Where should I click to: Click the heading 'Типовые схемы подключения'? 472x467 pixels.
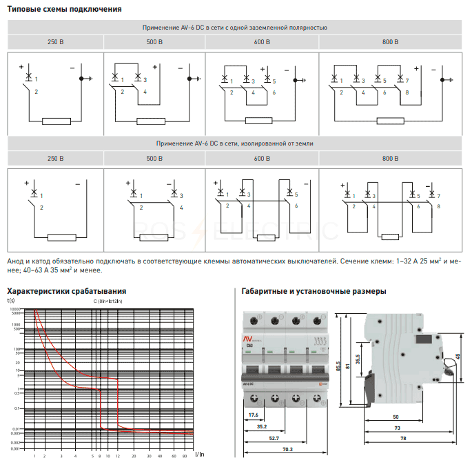64,9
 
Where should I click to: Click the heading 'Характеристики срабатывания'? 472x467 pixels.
66,290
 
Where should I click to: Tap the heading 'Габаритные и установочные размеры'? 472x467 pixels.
312,291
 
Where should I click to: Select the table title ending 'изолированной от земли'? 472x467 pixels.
234,143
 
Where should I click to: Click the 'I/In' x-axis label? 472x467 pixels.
198,454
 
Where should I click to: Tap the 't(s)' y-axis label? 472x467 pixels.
11,301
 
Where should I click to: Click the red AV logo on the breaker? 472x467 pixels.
249,338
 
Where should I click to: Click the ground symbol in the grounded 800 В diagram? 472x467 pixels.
443,79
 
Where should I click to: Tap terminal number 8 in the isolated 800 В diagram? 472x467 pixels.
438,206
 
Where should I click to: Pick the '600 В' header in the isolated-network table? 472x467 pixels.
262,159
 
